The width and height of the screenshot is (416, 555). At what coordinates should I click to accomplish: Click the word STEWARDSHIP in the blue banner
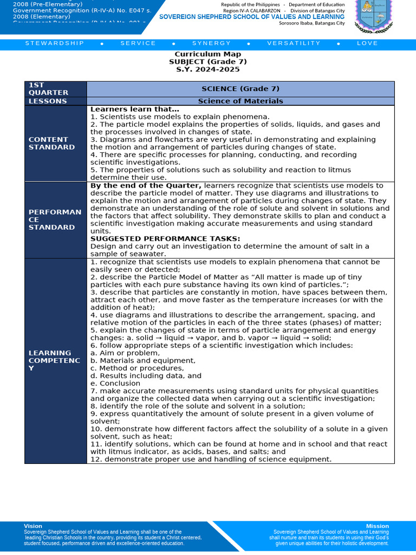pos(55,43)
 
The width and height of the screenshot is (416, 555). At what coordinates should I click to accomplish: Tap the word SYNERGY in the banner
pos(211,43)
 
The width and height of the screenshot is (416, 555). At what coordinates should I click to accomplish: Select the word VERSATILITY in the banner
pos(292,43)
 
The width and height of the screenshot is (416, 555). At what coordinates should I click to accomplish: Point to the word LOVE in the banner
pos(367,43)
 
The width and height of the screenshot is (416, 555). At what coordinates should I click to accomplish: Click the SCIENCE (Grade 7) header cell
pos(240,89)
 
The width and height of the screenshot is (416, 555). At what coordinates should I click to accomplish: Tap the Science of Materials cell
pos(240,101)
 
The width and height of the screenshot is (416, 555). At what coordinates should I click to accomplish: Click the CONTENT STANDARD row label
pos(52,143)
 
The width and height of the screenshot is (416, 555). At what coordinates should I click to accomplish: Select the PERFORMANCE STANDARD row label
pos(55,220)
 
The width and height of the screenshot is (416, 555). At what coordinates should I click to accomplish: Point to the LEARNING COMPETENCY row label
pos(54,360)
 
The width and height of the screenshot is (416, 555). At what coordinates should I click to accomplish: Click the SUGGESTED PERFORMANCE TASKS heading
pos(165,238)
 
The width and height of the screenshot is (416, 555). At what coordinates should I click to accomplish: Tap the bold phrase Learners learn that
pos(134,109)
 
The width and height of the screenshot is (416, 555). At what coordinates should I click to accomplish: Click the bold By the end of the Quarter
pos(146,185)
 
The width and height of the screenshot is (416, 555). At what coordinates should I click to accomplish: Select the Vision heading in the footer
pos(33,526)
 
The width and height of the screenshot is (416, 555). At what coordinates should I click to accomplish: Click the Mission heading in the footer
pos(377,526)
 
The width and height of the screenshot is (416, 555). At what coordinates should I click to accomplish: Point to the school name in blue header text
pos(251,17)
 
